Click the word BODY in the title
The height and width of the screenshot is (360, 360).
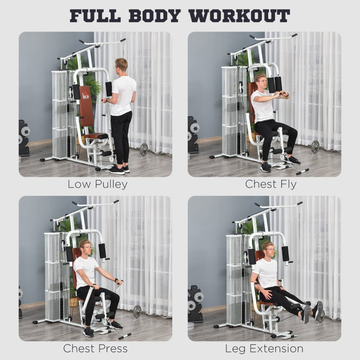pos(156,15)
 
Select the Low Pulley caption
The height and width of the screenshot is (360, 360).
pos(98,184)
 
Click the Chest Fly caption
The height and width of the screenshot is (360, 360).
pos(271,184)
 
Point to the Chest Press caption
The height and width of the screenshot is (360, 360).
pos(95,348)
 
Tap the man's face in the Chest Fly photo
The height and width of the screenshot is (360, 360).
pos(261,82)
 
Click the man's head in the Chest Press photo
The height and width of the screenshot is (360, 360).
pos(85,247)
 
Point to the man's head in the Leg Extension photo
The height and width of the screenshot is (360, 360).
pos(268,249)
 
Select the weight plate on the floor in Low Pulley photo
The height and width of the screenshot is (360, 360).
pos(144,149)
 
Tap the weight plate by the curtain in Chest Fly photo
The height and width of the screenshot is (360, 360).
pos(315,146)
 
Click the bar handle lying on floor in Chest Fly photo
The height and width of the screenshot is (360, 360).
pos(302,171)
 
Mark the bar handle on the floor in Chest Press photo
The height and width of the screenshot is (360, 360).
pos(125,336)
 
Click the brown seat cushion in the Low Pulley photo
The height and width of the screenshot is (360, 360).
pos(96,136)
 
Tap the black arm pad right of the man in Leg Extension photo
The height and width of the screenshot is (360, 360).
pos(285,253)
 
